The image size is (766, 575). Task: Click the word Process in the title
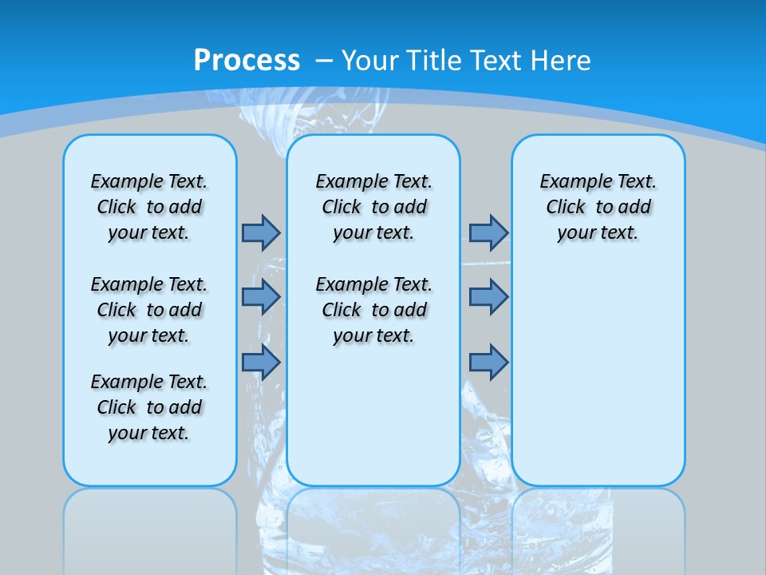(247, 60)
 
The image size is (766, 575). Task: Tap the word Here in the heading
(562, 61)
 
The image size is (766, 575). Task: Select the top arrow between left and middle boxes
(261, 232)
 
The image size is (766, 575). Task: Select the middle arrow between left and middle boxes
(261, 296)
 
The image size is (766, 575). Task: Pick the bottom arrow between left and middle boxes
(261, 362)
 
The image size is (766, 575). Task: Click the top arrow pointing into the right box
(488, 232)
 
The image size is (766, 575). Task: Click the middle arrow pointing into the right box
(488, 296)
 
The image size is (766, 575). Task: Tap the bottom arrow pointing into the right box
(488, 362)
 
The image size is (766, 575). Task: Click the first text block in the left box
(149, 207)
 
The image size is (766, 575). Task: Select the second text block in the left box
(149, 310)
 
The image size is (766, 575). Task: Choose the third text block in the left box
(149, 407)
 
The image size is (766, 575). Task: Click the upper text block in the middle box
(373, 207)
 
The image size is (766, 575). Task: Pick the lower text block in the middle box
(373, 310)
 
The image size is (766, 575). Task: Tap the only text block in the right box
(598, 207)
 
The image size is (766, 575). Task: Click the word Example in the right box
(568, 182)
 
